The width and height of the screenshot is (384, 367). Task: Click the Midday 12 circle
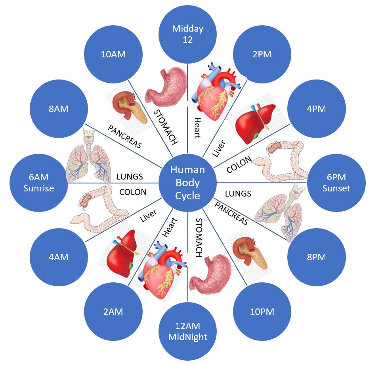(x=187, y=34)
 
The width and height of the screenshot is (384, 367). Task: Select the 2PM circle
(x=262, y=54)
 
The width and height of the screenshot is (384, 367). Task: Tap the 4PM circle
(x=316, y=109)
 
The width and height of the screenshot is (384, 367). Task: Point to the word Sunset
(x=336, y=188)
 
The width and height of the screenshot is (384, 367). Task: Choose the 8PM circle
(x=316, y=257)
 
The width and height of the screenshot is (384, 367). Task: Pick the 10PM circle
(x=262, y=312)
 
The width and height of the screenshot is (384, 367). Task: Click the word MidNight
(x=187, y=337)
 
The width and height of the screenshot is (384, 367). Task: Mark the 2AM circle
(x=113, y=312)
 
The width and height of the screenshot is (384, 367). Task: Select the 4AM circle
(x=59, y=257)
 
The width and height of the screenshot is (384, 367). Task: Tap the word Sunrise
(x=38, y=188)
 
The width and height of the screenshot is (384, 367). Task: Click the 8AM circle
(x=59, y=109)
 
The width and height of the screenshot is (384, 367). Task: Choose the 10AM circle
(x=113, y=54)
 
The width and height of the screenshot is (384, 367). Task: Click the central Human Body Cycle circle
(x=187, y=183)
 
